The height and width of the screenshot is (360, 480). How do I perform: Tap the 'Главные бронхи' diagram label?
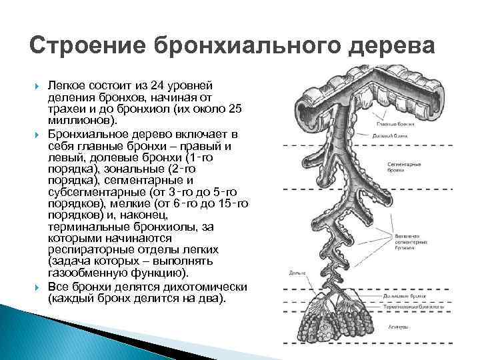pos(393,124)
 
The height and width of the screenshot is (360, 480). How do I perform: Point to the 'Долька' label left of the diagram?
pos(297,273)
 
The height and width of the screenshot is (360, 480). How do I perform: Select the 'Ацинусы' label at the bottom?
pos(397,328)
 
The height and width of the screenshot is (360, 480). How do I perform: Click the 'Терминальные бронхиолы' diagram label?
pos(407,309)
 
